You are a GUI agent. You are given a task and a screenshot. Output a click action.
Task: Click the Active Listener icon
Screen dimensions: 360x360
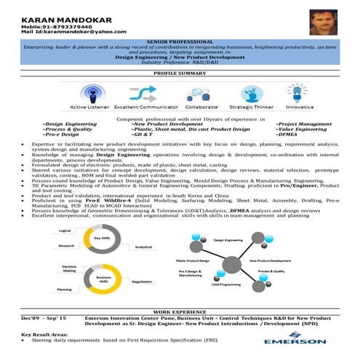click(x=96, y=92)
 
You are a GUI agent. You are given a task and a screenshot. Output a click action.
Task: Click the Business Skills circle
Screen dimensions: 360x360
click(x=103, y=278)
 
